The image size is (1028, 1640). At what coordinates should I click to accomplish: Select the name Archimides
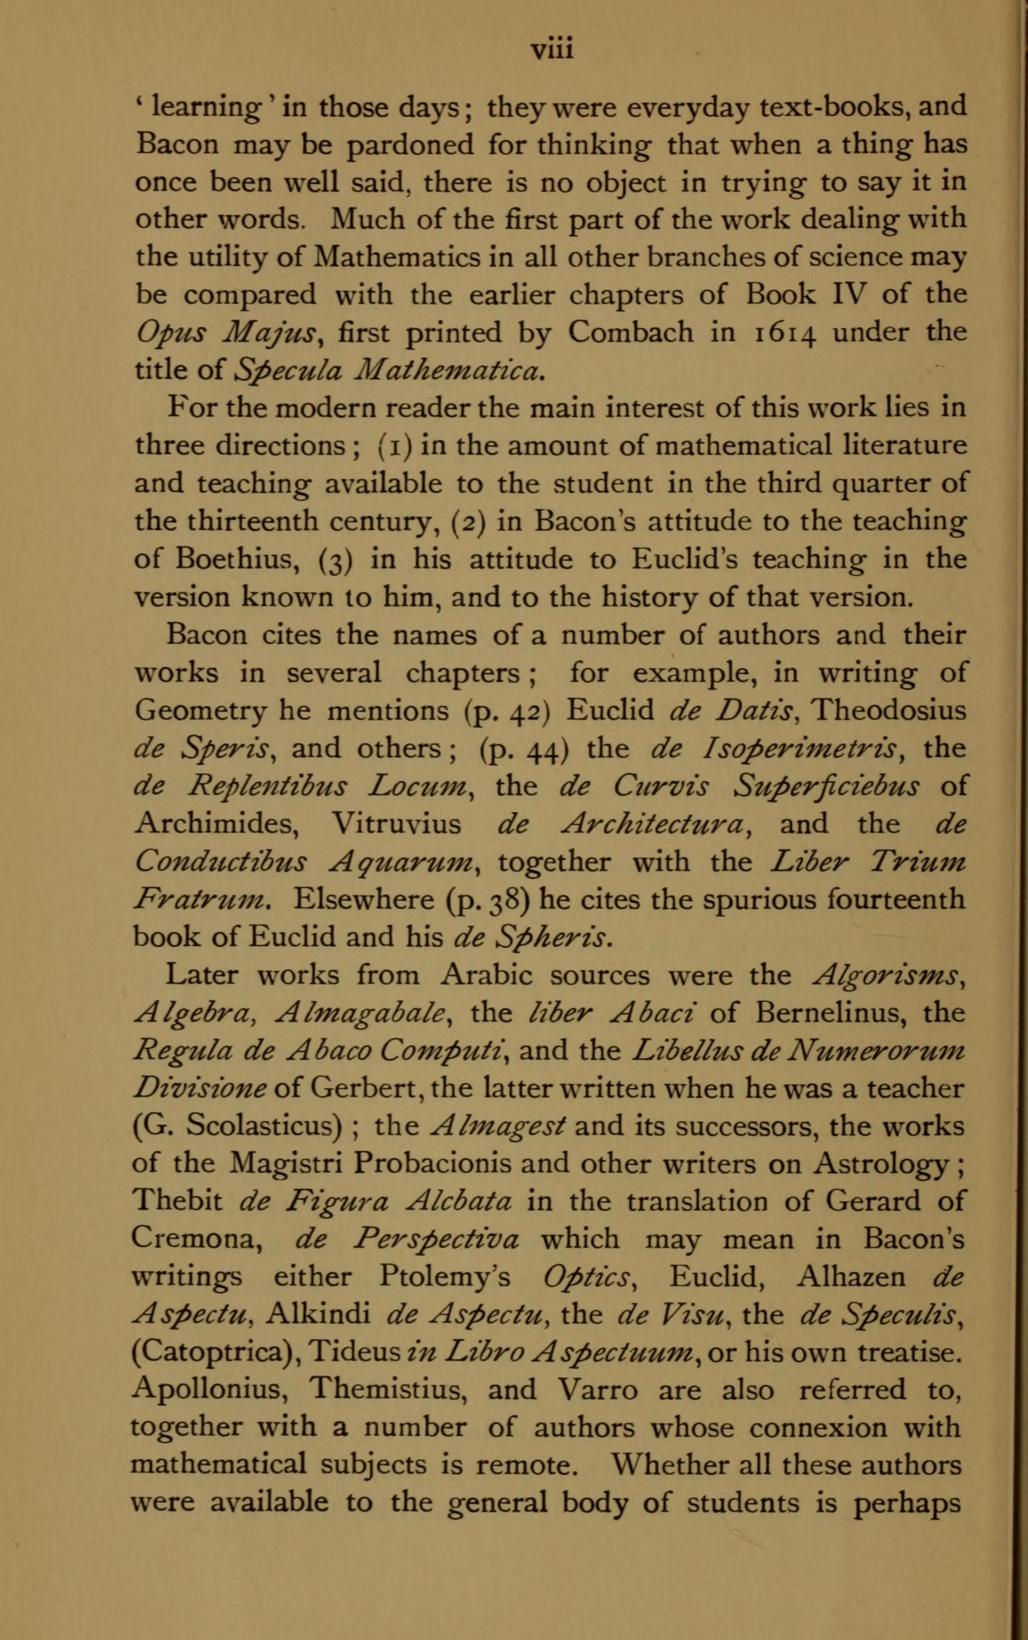(217, 824)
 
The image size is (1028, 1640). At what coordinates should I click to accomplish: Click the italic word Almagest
(499, 1127)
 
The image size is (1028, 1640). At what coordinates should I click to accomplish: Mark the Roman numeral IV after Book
(847, 294)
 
